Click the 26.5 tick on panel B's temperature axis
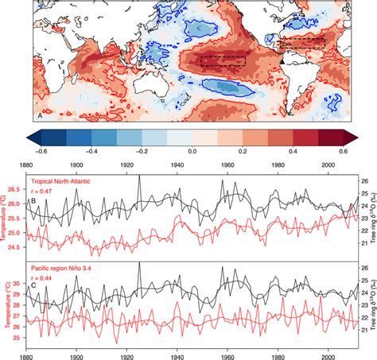pyautogui.click(x=17, y=189)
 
